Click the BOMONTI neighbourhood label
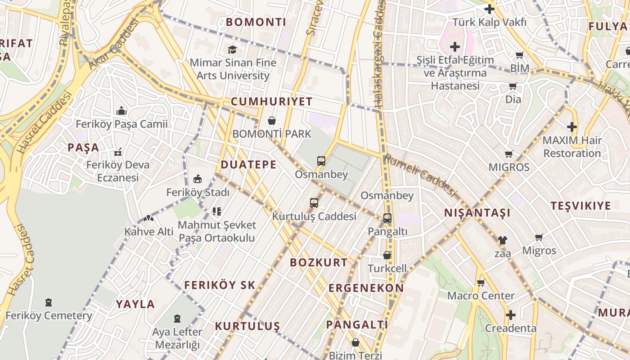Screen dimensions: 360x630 [x=256, y=22]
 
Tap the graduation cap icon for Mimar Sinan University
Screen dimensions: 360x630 [x=232, y=49]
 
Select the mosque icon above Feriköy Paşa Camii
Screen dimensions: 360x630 [x=121, y=111]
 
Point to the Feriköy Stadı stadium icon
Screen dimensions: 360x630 [x=197, y=179]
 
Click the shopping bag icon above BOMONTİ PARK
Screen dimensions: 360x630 [x=272, y=121]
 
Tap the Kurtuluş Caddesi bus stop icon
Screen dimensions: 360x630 [x=314, y=203]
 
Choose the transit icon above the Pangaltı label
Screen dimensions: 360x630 [x=387, y=218]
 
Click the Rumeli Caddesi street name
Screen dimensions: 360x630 [x=420, y=175]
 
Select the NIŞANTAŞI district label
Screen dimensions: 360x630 [x=477, y=213]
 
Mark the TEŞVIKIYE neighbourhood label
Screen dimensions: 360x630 [x=581, y=206]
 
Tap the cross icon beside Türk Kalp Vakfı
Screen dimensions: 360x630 [x=489, y=9]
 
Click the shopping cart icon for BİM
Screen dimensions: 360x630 [x=520, y=55]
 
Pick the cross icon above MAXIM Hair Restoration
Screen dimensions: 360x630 [x=572, y=127]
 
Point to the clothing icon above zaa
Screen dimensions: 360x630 [x=503, y=240]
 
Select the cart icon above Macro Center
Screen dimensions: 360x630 [x=481, y=283]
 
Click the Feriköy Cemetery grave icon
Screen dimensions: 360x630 [x=49, y=302]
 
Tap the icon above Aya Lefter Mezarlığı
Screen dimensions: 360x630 [x=177, y=319]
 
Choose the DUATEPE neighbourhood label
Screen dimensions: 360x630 [x=248, y=165]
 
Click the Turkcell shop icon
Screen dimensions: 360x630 [x=387, y=255]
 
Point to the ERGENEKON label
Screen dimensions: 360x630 [x=366, y=288]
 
